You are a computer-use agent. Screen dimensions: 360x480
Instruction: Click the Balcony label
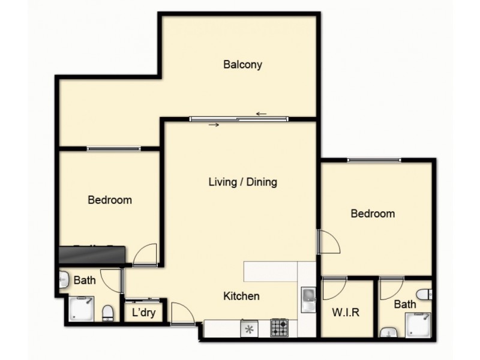[242, 65]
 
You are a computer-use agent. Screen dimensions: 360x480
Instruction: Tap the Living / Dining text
[242, 182]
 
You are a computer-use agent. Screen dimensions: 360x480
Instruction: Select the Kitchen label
[241, 296]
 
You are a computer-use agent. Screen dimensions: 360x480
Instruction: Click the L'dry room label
[143, 313]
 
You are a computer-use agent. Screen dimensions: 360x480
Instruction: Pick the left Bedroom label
[110, 200]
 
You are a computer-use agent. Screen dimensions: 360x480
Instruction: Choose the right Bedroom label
[373, 214]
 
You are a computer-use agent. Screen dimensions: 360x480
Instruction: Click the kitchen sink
[307, 298]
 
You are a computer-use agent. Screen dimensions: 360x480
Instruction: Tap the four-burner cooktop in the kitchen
[279, 328]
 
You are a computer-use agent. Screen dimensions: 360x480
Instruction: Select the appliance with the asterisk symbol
[249, 328]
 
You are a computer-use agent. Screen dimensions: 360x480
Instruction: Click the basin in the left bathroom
[64, 279]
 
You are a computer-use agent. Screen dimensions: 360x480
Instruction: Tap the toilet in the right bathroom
[424, 295]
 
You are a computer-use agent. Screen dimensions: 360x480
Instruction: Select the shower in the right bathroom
[420, 325]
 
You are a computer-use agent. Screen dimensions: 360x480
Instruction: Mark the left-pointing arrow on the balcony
[261, 113]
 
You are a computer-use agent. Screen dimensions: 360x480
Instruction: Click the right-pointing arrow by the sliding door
[214, 125]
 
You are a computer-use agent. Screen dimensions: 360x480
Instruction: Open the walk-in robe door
[333, 290]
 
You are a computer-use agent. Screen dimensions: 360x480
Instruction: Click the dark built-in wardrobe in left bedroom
[92, 255]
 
